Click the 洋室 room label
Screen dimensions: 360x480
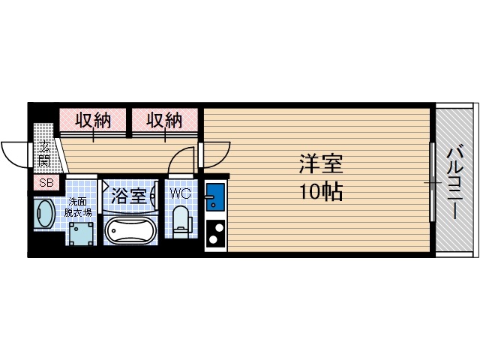(x=321, y=163)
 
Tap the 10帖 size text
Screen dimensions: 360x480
(x=321, y=191)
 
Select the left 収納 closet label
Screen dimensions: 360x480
(x=93, y=120)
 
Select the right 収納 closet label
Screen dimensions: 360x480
(x=164, y=120)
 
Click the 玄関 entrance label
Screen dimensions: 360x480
(x=45, y=153)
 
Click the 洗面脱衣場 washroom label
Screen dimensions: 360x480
(x=79, y=206)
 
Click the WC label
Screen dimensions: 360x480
(x=180, y=194)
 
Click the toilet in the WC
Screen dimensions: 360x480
(x=181, y=223)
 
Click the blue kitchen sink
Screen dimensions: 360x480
(x=214, y=198)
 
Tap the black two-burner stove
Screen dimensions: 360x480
(x=214, y=233)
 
